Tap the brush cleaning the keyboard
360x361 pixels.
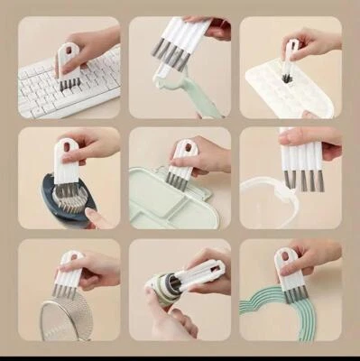click(x=67, y=69)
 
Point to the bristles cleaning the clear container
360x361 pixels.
click(x=303, y=180)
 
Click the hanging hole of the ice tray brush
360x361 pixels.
click(x=291, y=44)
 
